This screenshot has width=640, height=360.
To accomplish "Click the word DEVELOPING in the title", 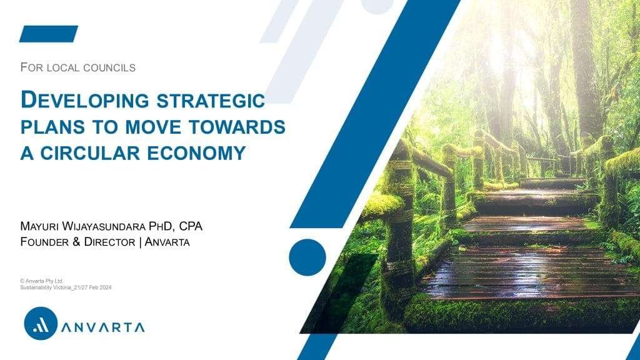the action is [x=85, y=101].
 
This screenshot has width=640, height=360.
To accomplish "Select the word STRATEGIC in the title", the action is [x=211, y=101].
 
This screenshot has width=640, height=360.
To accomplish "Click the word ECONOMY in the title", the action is [x=196, y=153].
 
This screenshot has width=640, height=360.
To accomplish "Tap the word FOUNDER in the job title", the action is [x=44, y=242].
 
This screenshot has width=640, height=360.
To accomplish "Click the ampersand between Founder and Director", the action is [x=76, y=242].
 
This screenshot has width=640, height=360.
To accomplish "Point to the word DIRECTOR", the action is [x=109, y=242].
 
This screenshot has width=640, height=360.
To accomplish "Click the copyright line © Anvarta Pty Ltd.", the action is [x=42, y=281].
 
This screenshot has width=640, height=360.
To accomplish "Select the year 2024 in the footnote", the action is [x=105, y=287].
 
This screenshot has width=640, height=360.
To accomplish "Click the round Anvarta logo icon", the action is [x=41, y=323].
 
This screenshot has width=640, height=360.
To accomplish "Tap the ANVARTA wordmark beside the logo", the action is [x=103, y=327].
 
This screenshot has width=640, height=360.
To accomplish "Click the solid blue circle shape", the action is [x=307, y=257].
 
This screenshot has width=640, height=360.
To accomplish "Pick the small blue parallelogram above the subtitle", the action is [x=49, y=34].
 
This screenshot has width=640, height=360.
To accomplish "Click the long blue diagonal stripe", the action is [x=376, y=114].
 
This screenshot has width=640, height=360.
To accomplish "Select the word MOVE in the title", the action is [x=153, y=127].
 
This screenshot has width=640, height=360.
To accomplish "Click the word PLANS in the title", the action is [x=52, y=127].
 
